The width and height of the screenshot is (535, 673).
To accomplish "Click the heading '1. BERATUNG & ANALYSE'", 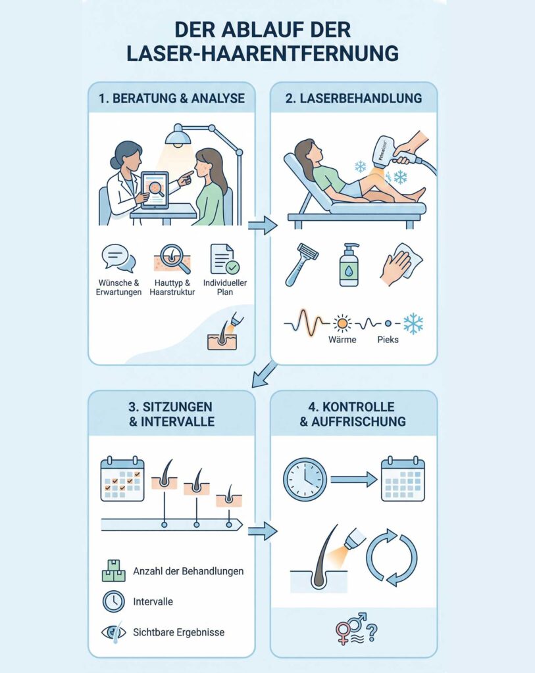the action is pyautogui.click(x=172, y=99).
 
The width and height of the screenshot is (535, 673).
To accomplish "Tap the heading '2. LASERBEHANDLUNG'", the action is pyautogui.click(x=353, y=99).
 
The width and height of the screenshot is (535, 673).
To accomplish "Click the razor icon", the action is pyautogui.click(x=301, y=264).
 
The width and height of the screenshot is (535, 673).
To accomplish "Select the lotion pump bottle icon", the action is pyautogui.click(x=349, y=265).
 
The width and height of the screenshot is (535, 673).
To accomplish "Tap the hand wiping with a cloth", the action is pyautogui.click(x=401, y=264).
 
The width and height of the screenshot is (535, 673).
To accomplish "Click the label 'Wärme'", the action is pyautogui.click(x=342, y=340).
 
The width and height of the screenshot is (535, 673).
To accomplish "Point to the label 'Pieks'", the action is pyautogui.click(x=388, y=340).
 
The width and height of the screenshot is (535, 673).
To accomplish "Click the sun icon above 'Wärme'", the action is pyautogui.click(x=342, y=323).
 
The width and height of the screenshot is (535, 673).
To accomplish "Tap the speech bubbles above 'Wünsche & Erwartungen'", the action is pyautogui.click(x=118, y=259).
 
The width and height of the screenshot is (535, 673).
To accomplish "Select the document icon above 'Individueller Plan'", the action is pyautogui.click(x=225, y=259).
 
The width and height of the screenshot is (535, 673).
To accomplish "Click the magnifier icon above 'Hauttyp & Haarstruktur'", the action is pyautogui.click(x=172, y=259).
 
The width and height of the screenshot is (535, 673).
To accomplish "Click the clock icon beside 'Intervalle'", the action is pyautogui.click(x=114, y=601).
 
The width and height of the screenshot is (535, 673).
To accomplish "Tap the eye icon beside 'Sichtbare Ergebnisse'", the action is pyautogui.click(x=114, y=632).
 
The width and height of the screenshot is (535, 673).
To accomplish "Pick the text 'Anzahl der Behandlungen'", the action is pyautogui.click(x=188, y=571).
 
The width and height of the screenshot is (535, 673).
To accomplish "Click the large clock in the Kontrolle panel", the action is pyautogui.click(x=305, y=479).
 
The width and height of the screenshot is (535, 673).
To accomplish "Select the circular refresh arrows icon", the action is pyautogui.click(x=392, y=557).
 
